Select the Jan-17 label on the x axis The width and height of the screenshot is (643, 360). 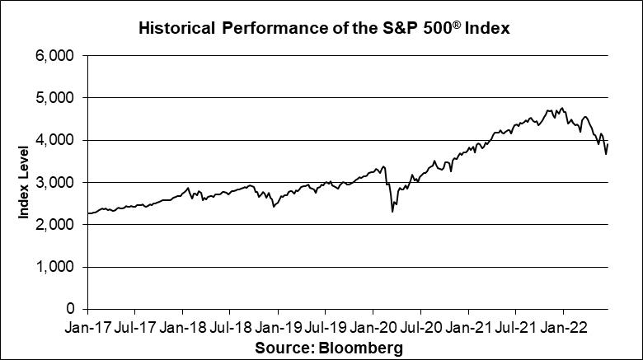click(87, 328)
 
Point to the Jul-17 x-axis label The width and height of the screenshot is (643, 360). click(134, 328)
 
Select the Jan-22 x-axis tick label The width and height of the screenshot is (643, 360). click(563, 328)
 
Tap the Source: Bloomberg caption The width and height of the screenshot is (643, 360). click(329, 348)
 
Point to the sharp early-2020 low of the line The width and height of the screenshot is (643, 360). click(392, 212)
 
